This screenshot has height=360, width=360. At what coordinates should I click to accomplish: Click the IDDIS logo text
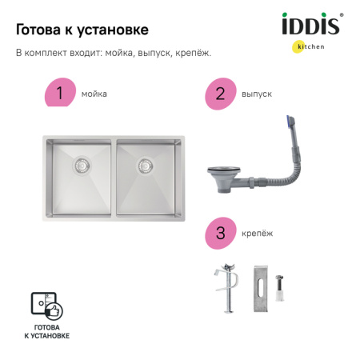pos(311,26)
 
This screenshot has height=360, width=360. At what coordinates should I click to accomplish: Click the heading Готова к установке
pos(82,30)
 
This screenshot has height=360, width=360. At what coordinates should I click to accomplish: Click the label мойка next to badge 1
pos(94,94)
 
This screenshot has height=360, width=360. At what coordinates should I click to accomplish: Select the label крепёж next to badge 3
pos(256,234)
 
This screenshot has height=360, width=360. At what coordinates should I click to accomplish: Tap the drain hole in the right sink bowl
pos(145,166)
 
